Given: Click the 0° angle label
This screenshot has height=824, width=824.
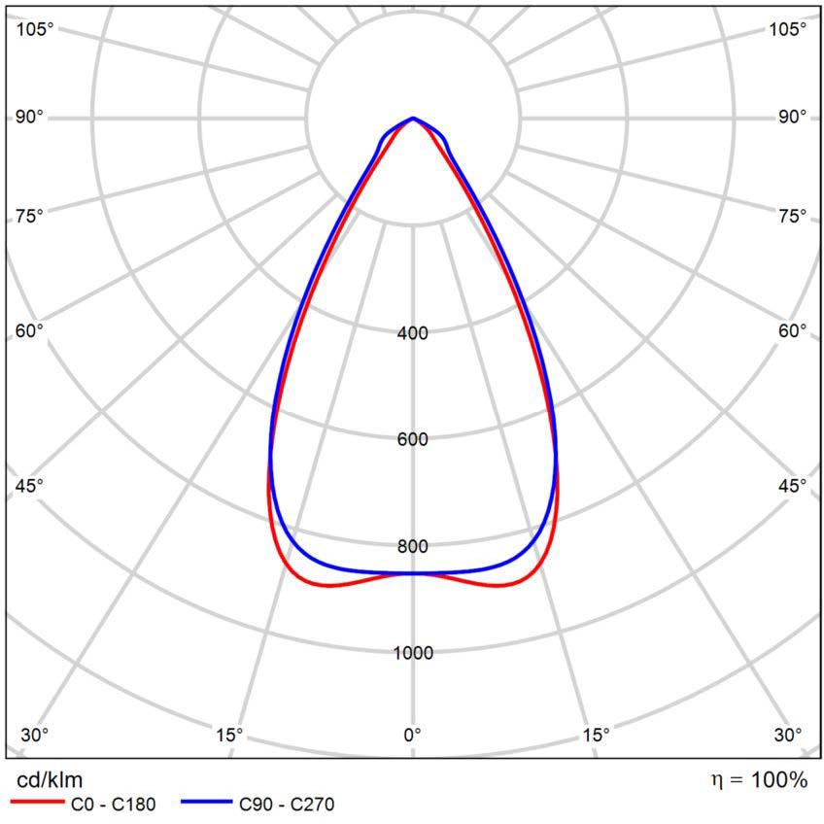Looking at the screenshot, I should pos(413,734).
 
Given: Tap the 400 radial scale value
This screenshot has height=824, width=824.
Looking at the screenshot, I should pos(413,333).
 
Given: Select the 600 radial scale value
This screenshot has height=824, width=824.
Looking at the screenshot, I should pos(413,439).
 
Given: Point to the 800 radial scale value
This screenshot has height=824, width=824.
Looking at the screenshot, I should pos(413,546).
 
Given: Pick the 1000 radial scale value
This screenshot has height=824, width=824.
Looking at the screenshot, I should pos(413,652).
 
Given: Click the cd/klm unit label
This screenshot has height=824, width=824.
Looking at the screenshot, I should pos(51,779).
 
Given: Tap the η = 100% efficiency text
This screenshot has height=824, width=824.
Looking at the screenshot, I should pos(759,779).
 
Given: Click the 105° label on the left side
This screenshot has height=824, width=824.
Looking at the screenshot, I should pos(36,29).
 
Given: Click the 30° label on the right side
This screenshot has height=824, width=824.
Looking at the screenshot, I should pos(788,734).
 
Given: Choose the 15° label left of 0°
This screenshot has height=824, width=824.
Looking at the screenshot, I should pos(229,734).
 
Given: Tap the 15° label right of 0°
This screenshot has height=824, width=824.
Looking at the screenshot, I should pos(596,734).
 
